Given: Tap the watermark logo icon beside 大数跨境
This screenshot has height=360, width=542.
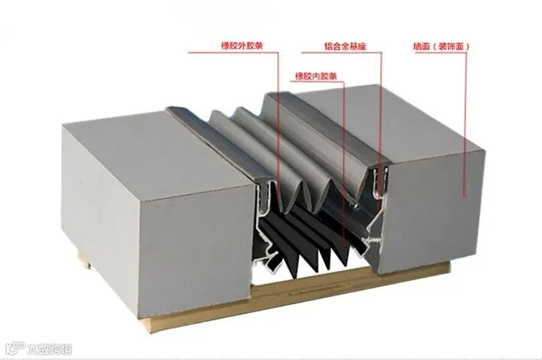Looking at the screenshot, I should (14, 349).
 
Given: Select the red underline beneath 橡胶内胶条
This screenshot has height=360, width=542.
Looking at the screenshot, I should (316, 82).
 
